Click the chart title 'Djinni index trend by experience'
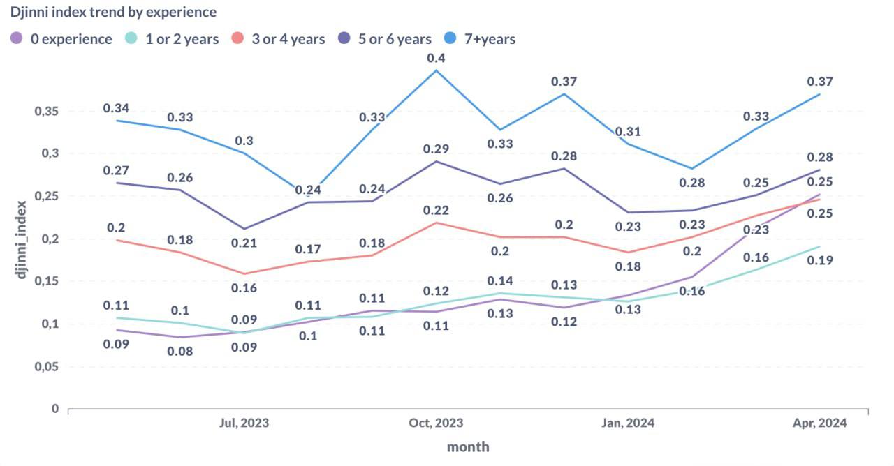[113, 13]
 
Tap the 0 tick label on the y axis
[54, 409]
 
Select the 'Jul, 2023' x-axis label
[244, 423]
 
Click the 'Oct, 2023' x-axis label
[436, 423]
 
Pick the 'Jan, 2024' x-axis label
[628, 423]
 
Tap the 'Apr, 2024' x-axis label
[820, 423]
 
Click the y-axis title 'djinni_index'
[22, 239]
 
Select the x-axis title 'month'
[468, 447]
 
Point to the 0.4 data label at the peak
[437, 58]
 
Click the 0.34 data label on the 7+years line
[117, 108]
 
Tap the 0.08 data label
[181, 352]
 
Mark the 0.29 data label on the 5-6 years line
[437, 149]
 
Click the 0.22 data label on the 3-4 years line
[437, 211]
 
